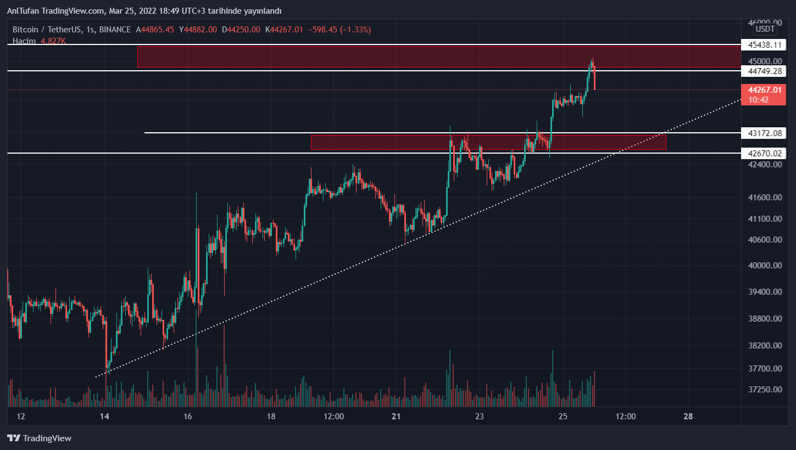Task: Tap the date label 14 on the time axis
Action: (104, 417)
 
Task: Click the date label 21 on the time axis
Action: (396, 417)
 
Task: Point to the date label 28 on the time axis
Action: (688, 417)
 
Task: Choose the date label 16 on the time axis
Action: (188, 417)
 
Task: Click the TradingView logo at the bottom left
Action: (40, 438)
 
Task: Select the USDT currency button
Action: (765, 29)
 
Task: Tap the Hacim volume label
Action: (24, 41)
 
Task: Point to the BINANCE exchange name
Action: (113, 30)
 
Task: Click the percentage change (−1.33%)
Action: (355, 30)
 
